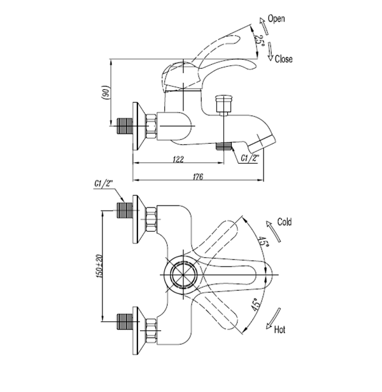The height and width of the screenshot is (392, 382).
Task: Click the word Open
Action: click(x=276, y=18)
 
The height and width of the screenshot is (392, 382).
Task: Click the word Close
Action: click(x=283, y=59)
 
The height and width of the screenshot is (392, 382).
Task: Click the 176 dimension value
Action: click(x=197, y=178)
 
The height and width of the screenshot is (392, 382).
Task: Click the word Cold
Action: click(x=284, y=223)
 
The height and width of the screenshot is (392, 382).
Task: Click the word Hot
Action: click(x=279, y=330)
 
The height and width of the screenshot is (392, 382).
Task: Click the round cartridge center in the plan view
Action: click(x=181, y=276)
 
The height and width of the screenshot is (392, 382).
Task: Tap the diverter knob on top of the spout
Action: click(x=222, y=101)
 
